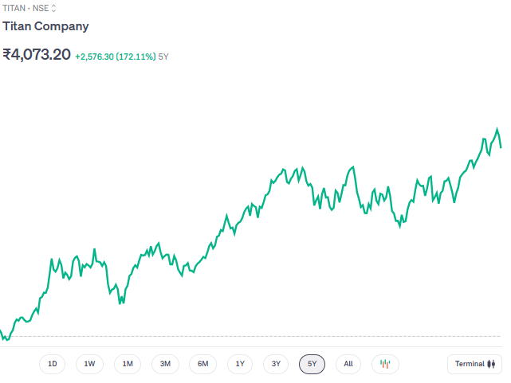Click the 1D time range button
point(53,364)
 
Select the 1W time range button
point(89,364)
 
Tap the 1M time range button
point(128,364)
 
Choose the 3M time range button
point(165,364)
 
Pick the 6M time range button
point(202,364)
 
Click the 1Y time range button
point(240,364)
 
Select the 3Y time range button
point(276,364)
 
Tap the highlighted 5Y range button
point(312,364)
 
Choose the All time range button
point(348,364)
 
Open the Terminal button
point(475,364)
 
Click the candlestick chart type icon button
point(385,364)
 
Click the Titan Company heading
point(45,26)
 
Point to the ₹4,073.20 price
point(37,55)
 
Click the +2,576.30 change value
point(94,57)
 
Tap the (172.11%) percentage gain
point(136,57)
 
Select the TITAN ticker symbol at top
point(14,7)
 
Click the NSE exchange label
point(41,7)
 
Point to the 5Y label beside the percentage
point(163,57)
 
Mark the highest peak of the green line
point(497,129)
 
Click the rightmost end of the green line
point(501,147)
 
